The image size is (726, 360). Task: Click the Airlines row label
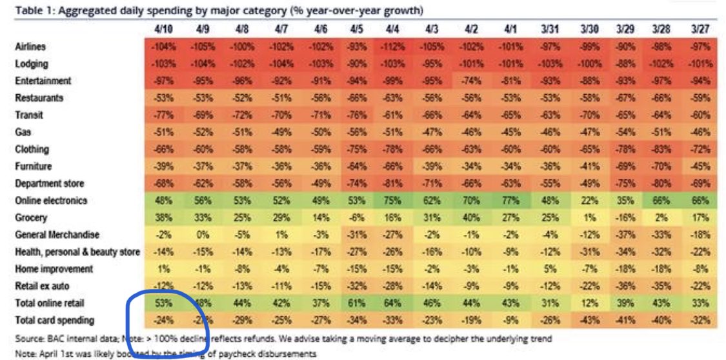coord(30,47)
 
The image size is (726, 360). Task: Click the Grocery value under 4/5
coord(356,217)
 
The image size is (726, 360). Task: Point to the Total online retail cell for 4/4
coord(393,303)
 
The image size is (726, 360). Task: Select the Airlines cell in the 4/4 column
coord(393,47)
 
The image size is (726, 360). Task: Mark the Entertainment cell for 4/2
coord(469,81)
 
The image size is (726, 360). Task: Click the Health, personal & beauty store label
coord(77,252)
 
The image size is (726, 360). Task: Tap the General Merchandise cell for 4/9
coord(205,234)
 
